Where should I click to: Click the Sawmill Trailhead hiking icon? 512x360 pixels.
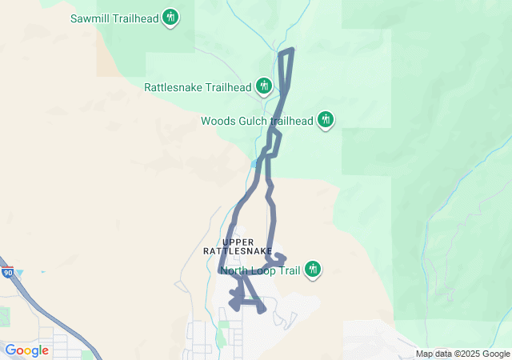170,16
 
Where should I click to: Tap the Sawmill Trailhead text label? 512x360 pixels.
114,18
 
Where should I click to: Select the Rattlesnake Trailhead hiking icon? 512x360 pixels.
265,86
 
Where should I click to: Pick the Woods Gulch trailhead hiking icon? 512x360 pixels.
325,120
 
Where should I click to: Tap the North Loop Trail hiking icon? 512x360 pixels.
314,270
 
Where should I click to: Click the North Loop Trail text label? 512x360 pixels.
260,270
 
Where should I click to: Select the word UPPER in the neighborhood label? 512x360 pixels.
238,242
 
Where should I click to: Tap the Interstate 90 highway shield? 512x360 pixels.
7,274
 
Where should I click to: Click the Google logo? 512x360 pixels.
26,350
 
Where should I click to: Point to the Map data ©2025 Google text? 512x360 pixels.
462,354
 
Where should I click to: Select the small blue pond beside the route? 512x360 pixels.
254,163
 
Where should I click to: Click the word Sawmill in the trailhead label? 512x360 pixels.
91,18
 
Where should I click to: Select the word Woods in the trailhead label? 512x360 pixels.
218,122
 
